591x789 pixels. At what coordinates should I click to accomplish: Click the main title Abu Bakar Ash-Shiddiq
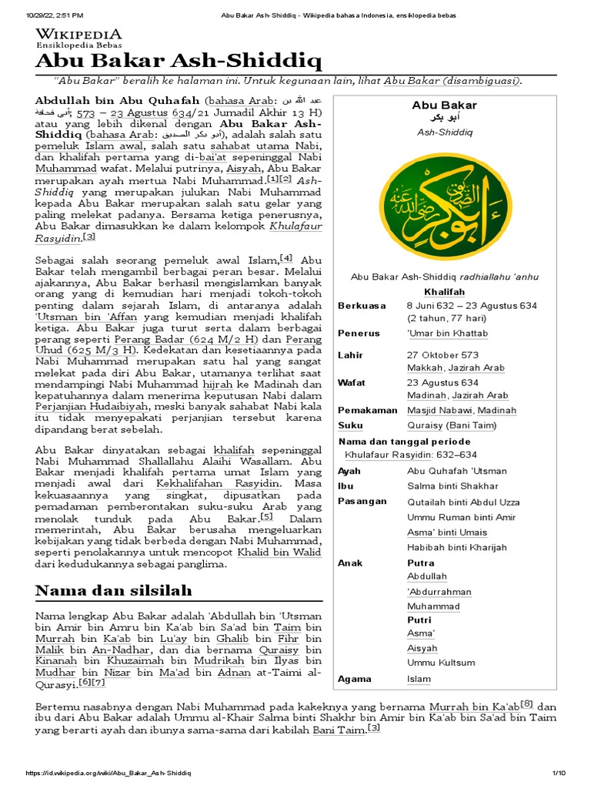tap(178, 61)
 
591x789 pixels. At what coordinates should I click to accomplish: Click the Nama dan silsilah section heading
tap(114, 590)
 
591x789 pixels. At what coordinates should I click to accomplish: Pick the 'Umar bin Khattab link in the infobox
tap(447, 333)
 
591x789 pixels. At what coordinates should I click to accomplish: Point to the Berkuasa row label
tap(362, 306)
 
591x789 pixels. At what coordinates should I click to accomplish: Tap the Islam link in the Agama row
tap(419, 679)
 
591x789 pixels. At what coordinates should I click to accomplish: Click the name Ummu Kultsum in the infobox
tap(441, 662)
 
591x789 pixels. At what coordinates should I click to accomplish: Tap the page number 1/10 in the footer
tap(558, 773)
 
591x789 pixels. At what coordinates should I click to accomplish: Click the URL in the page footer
tap(109, 773)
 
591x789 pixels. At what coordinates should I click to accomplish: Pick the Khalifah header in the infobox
tap(444, 292)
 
